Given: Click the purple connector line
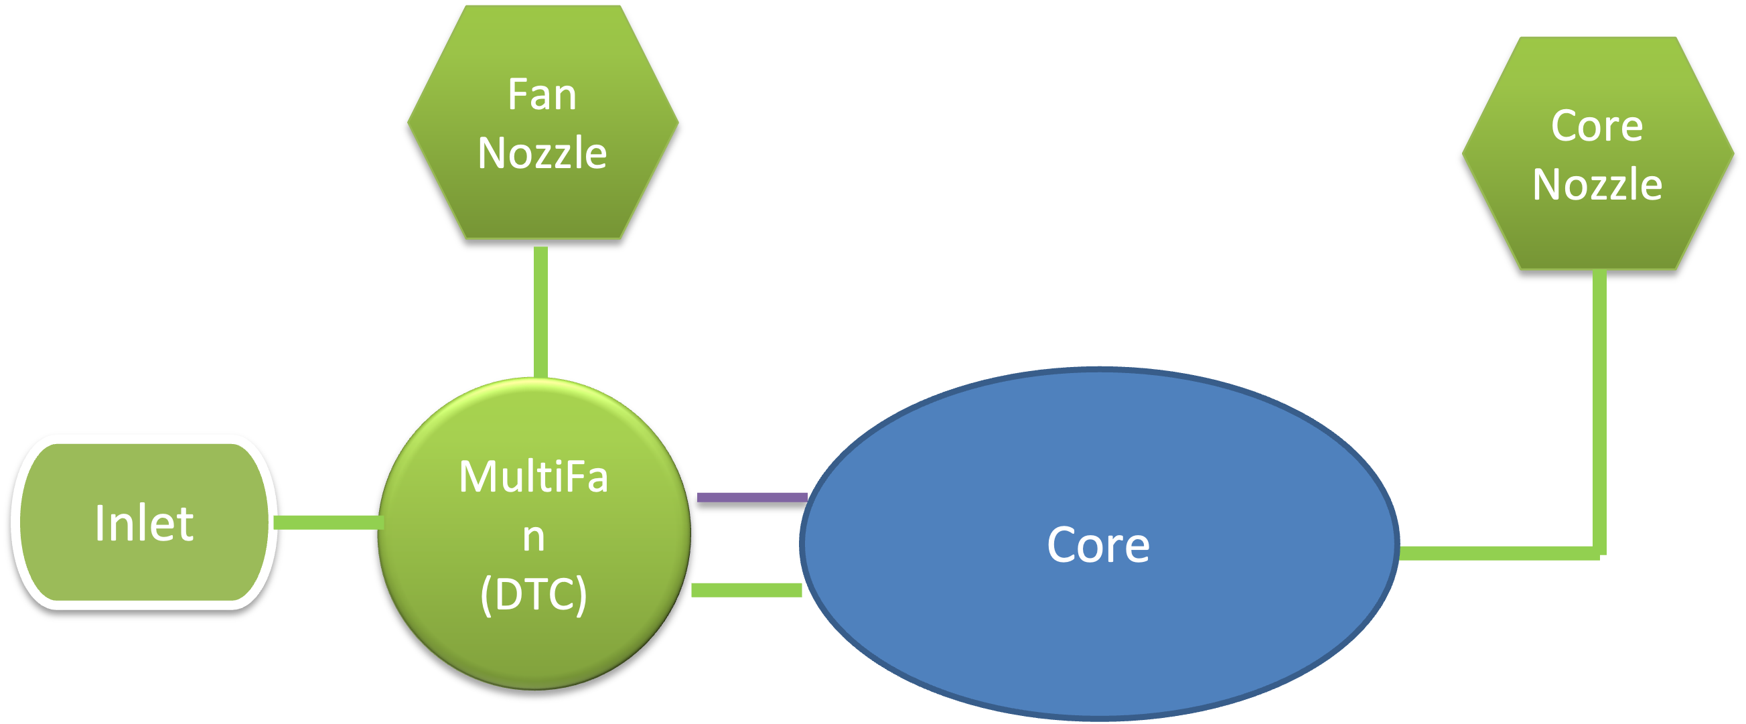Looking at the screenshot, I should point(751,498).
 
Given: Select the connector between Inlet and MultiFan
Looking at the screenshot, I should point(328,522).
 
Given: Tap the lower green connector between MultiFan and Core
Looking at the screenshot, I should point(746,590).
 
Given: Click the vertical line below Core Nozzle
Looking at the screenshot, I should point(1599,407).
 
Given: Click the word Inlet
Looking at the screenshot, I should point(144,523).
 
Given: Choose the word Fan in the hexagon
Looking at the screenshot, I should point(542,94).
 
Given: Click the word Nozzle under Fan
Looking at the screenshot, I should point(542,153).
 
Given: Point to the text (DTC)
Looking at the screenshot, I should point(533,595).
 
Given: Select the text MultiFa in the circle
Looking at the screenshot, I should point(533,477).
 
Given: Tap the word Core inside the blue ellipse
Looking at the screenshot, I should point(1098,545).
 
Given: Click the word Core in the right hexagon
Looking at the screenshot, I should point(1597,126).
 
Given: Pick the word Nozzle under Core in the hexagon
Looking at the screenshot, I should point(1597,184).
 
